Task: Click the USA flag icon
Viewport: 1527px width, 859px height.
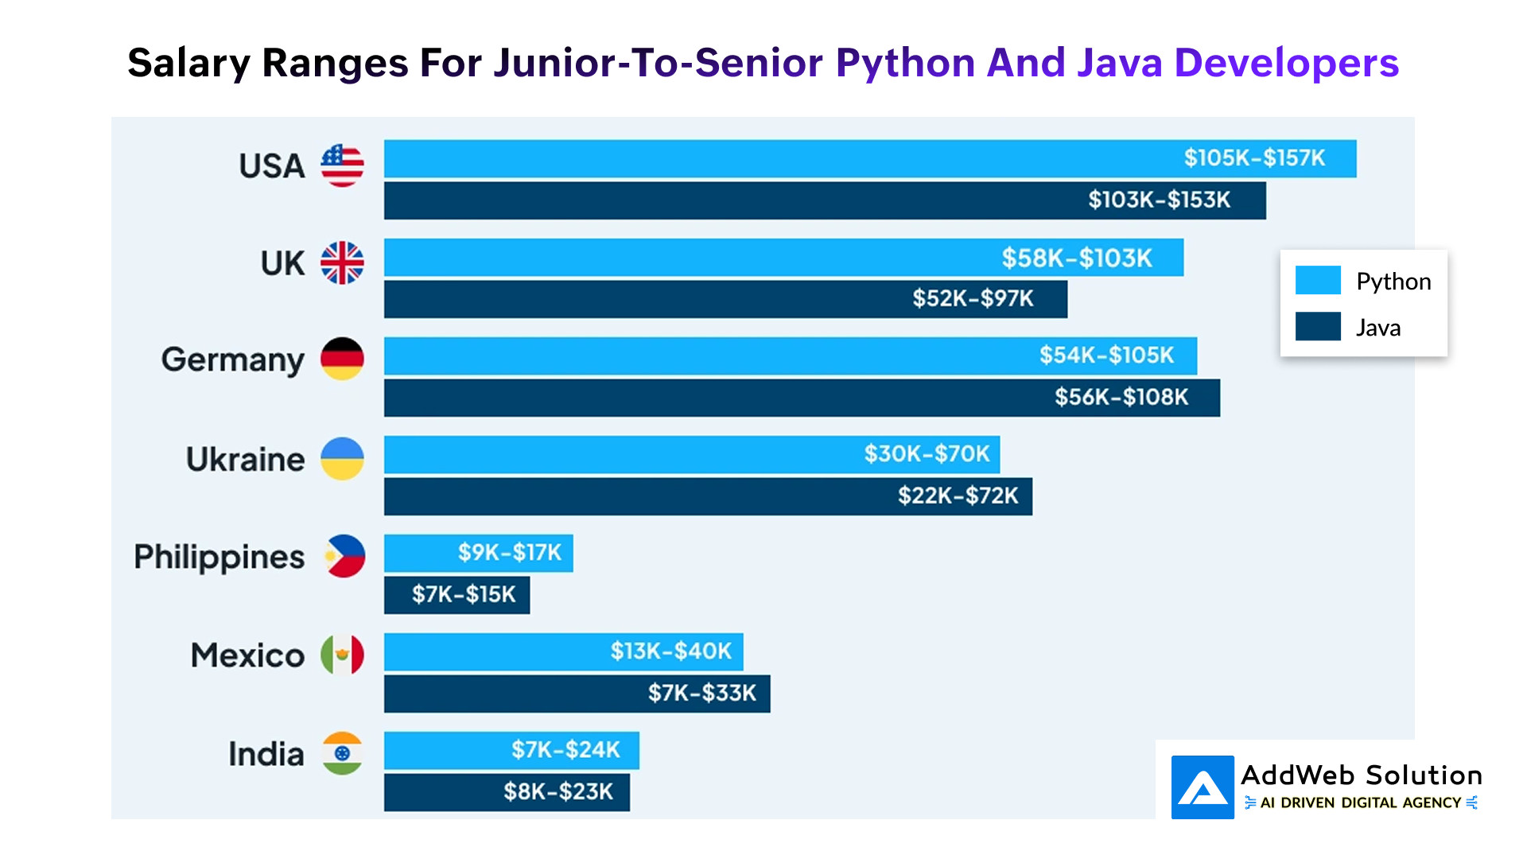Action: coord(342,165)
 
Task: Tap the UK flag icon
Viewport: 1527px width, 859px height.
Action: coord(342,262)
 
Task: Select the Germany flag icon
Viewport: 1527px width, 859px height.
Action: coord(342,359)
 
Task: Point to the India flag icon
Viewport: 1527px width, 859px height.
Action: coord(342,753)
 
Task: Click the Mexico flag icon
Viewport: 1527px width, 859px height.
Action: coord(342,655)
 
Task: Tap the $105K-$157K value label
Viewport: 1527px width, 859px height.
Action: coord(1254,158)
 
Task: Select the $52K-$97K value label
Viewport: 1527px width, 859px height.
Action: coord(973,298)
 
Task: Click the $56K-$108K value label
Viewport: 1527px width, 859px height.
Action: coord(1121,397)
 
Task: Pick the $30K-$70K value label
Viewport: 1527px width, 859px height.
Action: coord(927,454)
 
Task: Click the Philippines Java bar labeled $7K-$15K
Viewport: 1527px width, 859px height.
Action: coord(457,595)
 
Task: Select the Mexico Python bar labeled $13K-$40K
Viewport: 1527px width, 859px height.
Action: coord(563,652)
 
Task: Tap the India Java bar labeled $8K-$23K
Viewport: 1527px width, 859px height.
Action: coord(507,792)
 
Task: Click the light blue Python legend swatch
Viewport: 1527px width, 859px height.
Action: coord(1318,280)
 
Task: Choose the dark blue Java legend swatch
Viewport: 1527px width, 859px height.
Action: coord(1318,326)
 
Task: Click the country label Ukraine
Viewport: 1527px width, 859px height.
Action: coord(245,459)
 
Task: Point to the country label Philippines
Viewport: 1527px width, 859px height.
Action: coord(219,557)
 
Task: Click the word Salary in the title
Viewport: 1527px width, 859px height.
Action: coord(188,64)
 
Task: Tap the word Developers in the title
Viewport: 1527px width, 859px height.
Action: coord(1286,63)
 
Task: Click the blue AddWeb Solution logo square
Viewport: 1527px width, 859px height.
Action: coord(1203,787)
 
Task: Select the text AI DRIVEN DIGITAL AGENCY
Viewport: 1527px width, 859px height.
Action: coord(1361,803)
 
